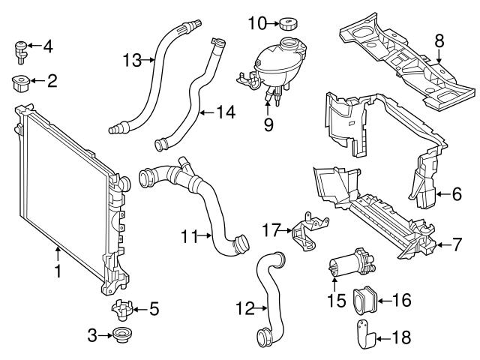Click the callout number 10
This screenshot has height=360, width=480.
coord(256,23)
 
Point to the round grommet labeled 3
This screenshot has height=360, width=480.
coord(120,336)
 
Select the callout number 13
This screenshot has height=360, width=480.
coord(132,60)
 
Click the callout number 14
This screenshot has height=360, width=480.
coord(226,112)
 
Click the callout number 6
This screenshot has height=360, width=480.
coord(457,194)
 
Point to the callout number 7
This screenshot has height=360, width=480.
coord(457,244)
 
